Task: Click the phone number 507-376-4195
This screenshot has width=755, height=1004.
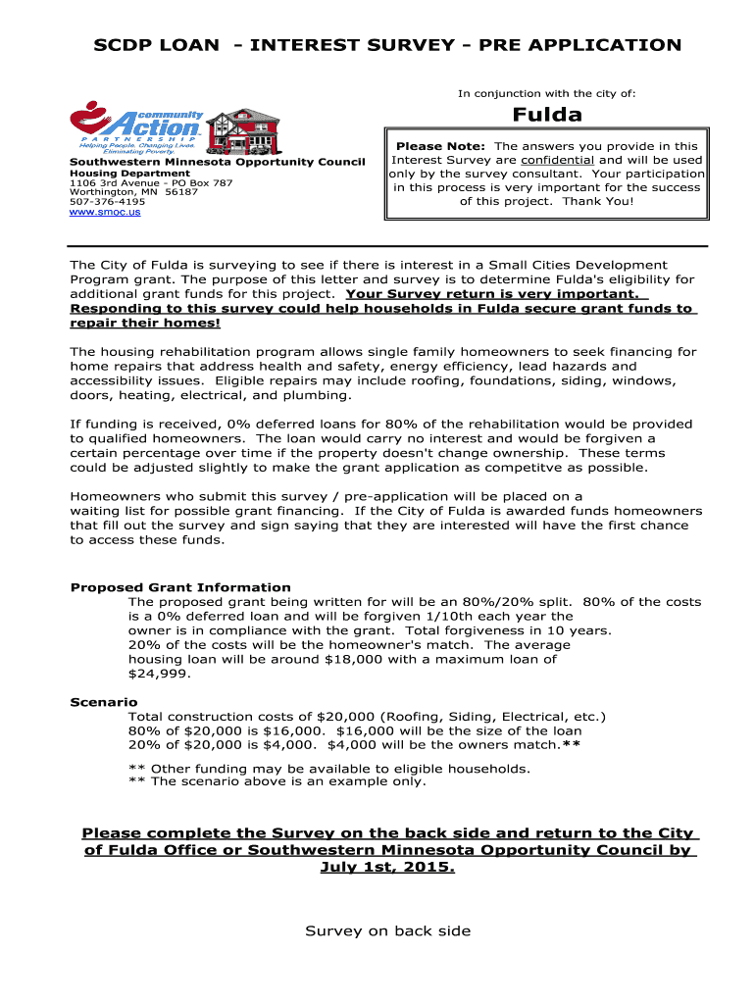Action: (100, 202)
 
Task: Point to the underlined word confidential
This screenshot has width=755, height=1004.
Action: (557, 160)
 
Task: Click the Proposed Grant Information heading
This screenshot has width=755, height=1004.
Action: (180, 587)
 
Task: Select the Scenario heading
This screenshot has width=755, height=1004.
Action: (104, 702)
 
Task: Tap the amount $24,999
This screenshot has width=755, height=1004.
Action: (160, 674)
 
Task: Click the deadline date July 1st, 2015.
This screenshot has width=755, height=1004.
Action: (387, 868)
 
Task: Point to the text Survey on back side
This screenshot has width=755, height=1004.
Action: (387, 930)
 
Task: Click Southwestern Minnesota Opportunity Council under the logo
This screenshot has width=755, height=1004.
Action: (217, 162)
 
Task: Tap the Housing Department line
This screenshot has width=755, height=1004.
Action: (129, 173)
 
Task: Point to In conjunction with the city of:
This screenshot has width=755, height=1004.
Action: (547, 93)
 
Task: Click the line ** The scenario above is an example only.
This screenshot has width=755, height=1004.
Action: (277, 781)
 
